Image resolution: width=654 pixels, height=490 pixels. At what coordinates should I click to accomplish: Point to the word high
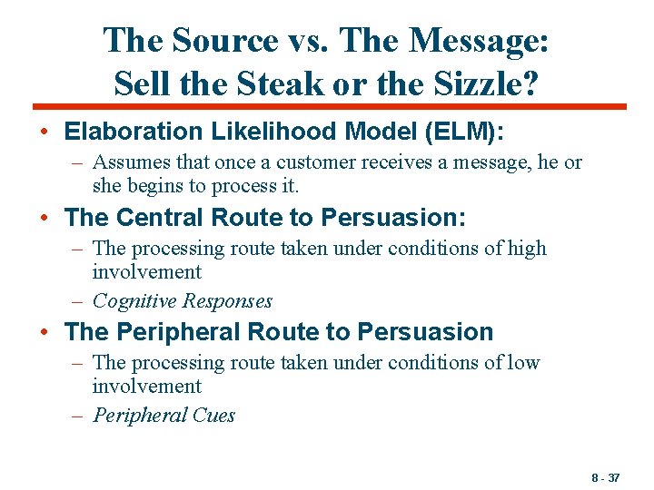coord(527,248)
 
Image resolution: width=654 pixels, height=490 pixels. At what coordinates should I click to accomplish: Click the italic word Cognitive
coord(134,301)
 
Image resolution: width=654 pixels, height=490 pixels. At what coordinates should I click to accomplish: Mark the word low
coord(524,363)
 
